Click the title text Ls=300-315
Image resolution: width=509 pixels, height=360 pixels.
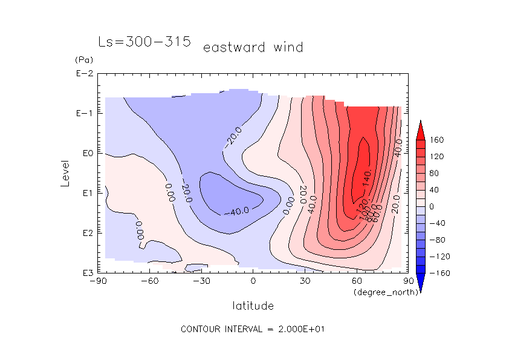pos(144,42)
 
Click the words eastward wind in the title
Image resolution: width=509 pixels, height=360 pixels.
pos(253,47)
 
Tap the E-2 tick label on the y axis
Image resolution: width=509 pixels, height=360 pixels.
pos(84,74)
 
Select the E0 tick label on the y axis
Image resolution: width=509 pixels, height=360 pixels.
pos(84,154)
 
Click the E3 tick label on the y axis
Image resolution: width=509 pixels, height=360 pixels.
pos(84,273)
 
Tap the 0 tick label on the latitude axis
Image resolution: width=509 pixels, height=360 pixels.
pos(253,281)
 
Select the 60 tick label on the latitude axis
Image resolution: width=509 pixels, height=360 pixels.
pos(357,281)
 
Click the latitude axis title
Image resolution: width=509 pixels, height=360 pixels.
pos(253,306)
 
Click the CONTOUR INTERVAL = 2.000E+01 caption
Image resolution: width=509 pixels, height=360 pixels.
pos(253,329)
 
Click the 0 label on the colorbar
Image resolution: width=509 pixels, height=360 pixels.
pos(431,207)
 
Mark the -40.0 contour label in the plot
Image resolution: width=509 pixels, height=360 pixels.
pos(240,211)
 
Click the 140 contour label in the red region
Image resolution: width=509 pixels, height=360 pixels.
pos(366,178)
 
